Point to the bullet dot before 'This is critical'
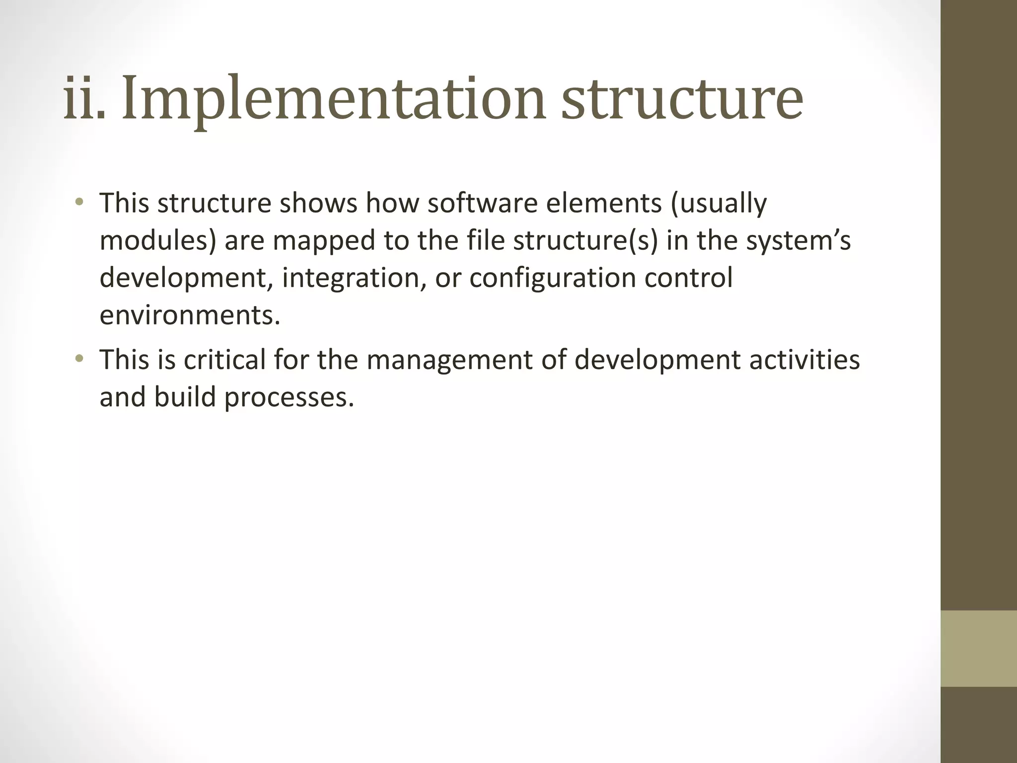coord(79,359)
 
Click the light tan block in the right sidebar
coord(979,648)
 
